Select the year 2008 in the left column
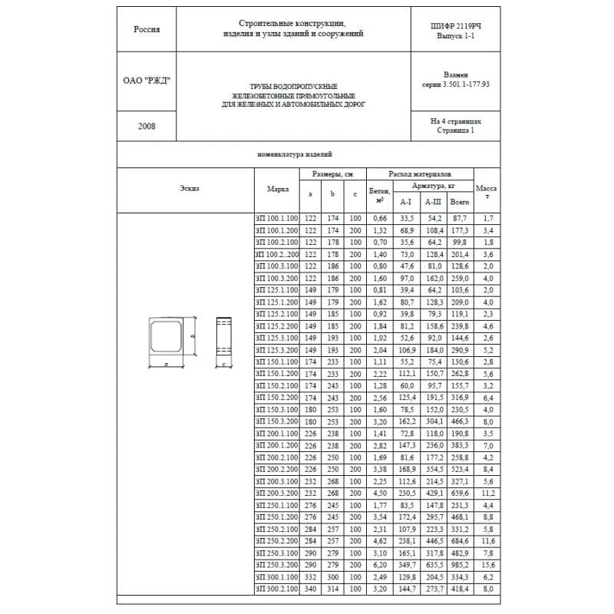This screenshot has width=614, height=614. click(147, 126)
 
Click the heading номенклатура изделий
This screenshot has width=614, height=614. click(295, 153)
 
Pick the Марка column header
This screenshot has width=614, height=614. click(277, 189)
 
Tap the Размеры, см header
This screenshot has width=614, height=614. click(332, 175)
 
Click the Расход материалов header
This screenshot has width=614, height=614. click(419, 175)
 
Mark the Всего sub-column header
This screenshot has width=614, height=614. click(460, 202)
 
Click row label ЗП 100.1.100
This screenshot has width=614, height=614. click(277, 219)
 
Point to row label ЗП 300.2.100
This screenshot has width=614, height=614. click(277, 588)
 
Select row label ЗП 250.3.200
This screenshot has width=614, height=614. click(277, 564)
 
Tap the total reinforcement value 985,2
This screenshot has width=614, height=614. click(460, 564)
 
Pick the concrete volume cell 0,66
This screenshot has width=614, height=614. click(379, 219)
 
